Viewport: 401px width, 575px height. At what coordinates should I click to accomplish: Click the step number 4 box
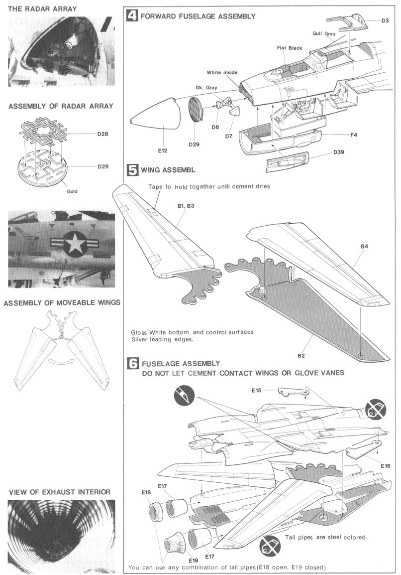click(x=132, y=16)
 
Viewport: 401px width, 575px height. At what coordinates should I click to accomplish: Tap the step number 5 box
click(x=132, y=170)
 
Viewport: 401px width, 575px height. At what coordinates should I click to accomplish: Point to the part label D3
click(x=385, y=20)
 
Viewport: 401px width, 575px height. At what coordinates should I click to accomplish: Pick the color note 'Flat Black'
click(x=289, y=48)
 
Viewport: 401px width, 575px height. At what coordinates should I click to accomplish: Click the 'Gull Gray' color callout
click(x=324, y=33)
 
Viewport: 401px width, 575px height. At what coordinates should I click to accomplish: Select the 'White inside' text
click(x=222, y=72)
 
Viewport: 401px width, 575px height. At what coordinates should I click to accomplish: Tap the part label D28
click(x=103, y=134)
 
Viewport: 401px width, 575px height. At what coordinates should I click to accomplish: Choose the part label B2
click(x=301, y=355)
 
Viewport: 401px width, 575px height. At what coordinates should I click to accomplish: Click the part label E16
click(x=385, y=465)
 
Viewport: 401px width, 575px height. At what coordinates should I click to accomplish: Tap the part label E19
click(x=193, y=560)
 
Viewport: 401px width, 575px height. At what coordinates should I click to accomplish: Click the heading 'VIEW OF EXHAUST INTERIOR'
click(x=59, y=492)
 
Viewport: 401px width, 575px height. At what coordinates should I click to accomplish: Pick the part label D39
click(x=339, y=151)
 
